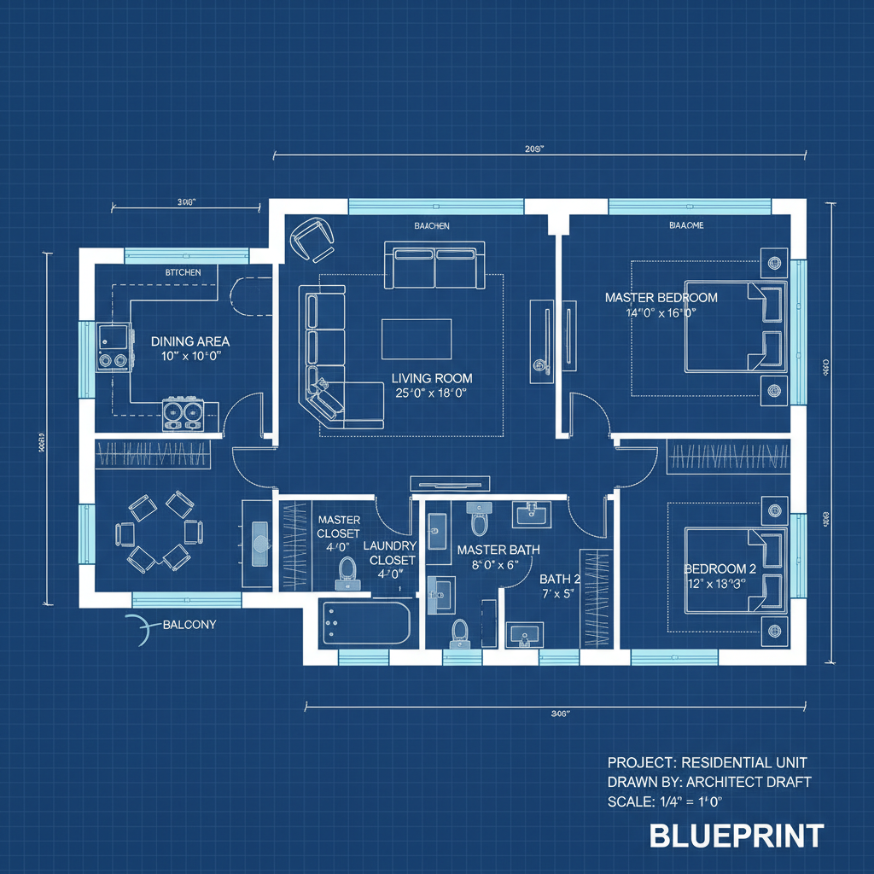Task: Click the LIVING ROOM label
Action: point(431,377)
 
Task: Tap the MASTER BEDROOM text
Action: point(661,298)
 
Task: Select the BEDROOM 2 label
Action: point(720,568)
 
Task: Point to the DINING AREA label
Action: point(189,341)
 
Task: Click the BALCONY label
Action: point(189,624)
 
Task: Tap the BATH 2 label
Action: point(559,579)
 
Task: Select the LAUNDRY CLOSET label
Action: point(389,553)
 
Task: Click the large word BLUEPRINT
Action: point(737,836)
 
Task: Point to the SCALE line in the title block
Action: point(665,801)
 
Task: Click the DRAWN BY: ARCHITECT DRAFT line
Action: point(708,781)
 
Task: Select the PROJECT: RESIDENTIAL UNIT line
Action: point(707,761)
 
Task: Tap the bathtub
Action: point(365,623)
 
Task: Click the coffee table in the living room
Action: point(416,339)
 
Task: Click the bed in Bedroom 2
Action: point(735,570)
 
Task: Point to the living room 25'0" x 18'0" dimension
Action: point(431,393)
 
